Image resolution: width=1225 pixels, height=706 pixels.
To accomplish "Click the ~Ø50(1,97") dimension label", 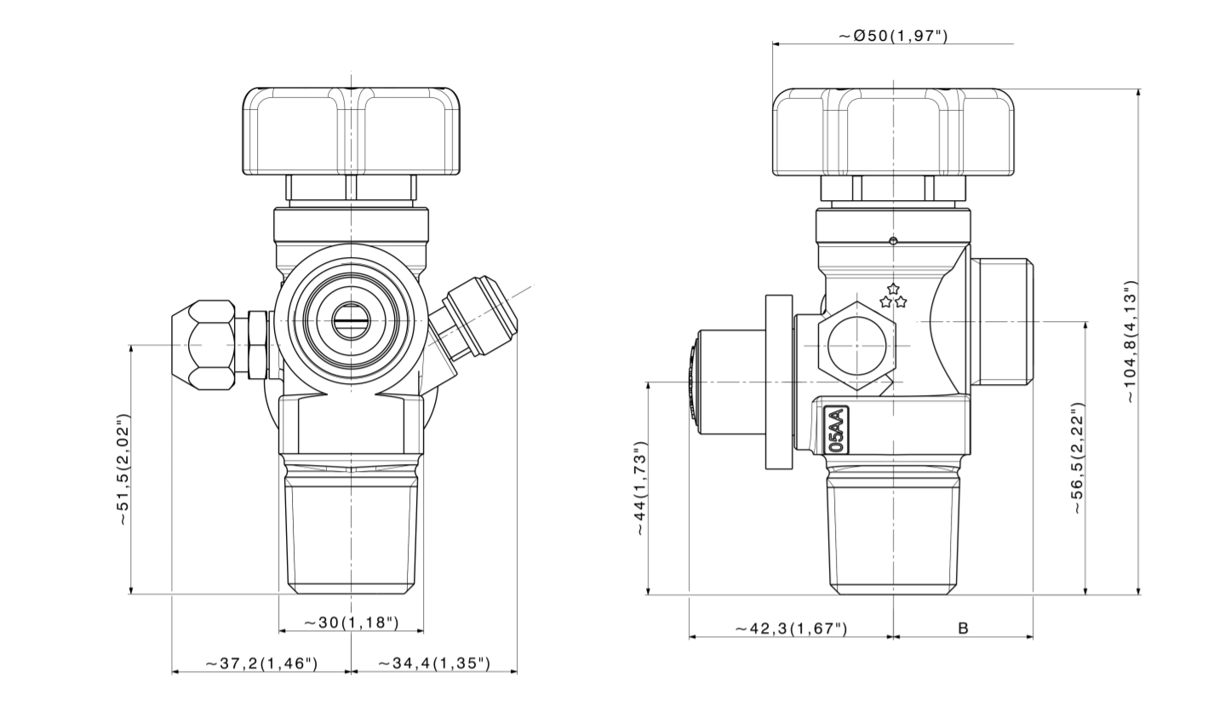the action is click(893, 36).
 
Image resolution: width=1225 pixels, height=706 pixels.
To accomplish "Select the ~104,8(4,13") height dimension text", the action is click(1131, 342).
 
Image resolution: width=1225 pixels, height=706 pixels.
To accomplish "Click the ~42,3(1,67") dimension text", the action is click(792, 629).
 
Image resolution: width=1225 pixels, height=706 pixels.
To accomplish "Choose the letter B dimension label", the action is click(964, 629).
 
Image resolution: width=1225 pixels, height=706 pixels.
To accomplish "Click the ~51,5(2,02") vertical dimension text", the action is click(124, 470).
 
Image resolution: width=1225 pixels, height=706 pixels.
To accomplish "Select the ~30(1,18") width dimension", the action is click(351, 623).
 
